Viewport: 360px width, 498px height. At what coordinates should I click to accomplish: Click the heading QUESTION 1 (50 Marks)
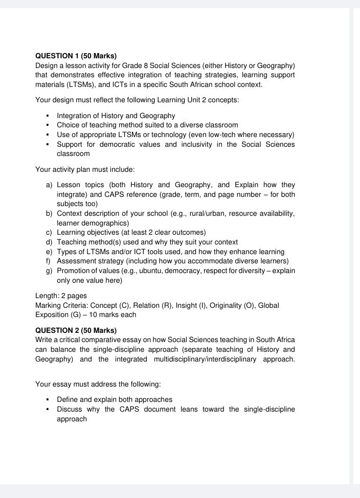[76, 56]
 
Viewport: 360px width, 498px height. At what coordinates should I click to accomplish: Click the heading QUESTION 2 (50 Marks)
[76, 330]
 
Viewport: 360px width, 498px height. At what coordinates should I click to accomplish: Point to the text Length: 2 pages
[61, 296]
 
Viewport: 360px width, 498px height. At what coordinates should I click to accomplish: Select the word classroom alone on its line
[73, 153]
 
